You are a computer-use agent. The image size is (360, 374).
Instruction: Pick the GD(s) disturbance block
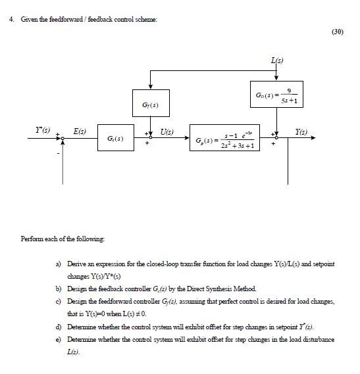(277, 97)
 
